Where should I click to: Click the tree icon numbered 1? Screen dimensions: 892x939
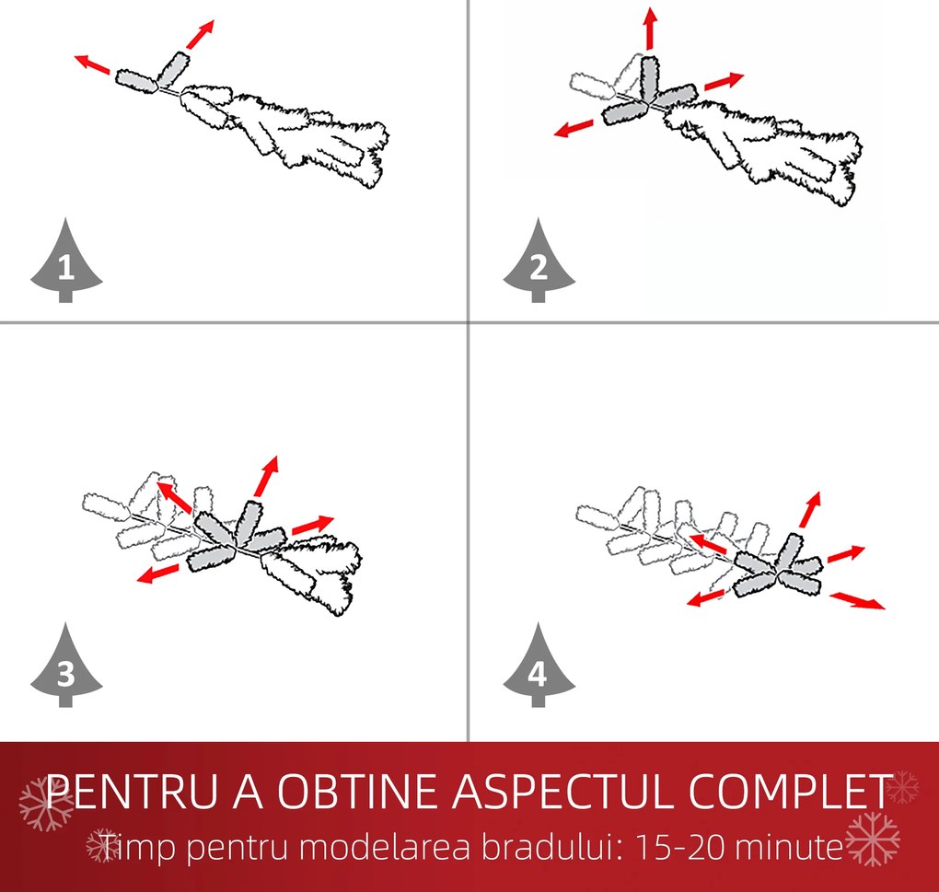66,265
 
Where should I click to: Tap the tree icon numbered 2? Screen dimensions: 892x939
539,265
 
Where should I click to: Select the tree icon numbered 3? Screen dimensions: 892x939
66,669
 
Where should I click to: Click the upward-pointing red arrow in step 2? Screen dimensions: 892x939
650,29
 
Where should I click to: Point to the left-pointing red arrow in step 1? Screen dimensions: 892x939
92,65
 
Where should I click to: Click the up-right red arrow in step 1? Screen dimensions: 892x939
200,34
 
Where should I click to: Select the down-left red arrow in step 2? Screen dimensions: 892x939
575,127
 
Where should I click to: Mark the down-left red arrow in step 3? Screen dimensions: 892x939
158,574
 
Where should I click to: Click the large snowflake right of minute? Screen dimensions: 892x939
873,840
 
